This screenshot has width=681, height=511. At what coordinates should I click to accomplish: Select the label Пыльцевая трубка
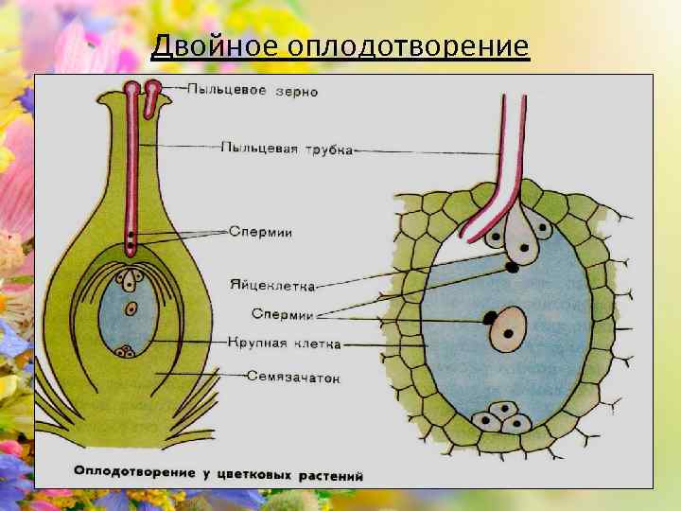point(287,149)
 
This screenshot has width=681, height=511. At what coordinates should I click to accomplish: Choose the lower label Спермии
point(283,314)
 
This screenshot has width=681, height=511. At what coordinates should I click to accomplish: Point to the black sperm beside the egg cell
point(512,268)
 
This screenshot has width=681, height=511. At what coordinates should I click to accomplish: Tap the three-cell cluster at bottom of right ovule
point(501,417)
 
